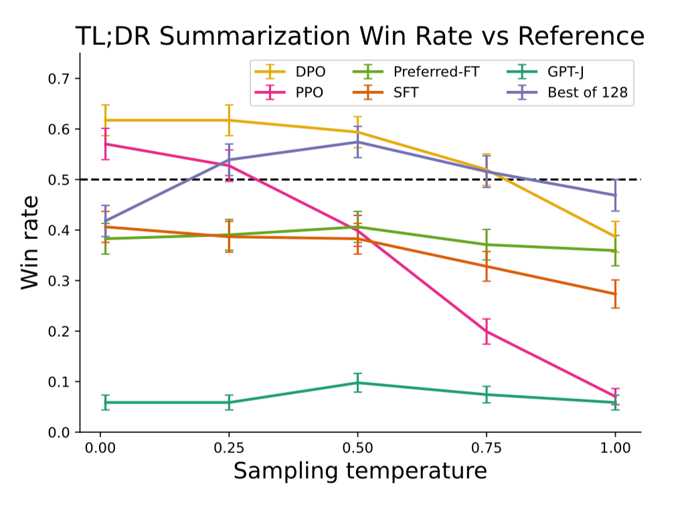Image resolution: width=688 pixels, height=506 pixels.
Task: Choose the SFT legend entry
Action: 406,93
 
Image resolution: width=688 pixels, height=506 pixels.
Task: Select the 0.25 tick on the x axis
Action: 229,447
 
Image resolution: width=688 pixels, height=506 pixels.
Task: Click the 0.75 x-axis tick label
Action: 487,447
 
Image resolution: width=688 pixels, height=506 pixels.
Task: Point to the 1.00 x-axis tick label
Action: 615,447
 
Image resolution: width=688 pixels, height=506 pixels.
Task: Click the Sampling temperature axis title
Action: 359,472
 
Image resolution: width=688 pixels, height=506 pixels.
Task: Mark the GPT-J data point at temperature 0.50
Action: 357,383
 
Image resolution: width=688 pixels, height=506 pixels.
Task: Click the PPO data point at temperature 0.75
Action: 487,331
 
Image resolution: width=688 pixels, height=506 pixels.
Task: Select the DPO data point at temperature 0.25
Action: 229,120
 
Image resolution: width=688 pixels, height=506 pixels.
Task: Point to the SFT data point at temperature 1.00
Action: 615,294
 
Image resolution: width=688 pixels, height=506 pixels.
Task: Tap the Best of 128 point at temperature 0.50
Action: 357,142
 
